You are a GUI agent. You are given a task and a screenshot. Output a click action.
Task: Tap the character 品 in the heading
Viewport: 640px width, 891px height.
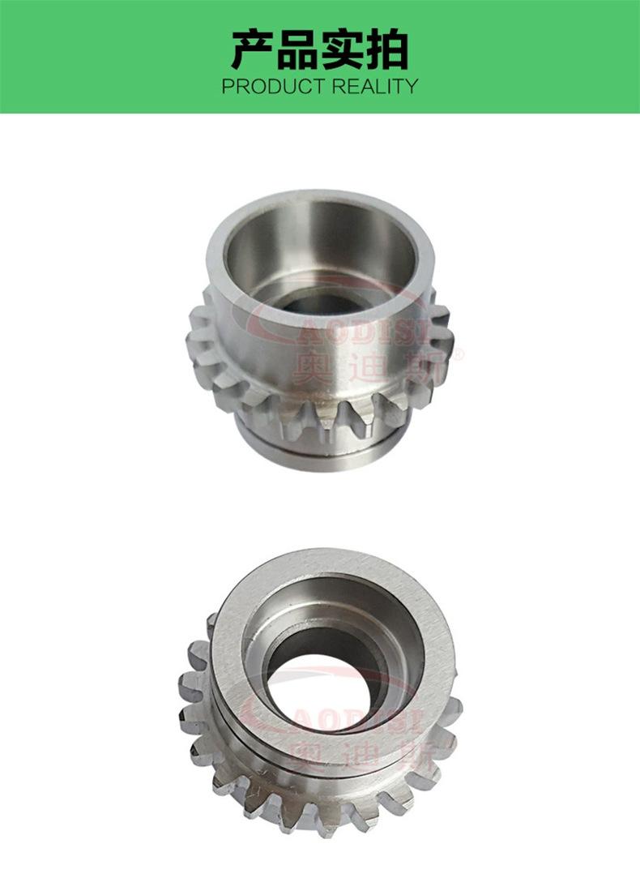click(x=297, y=50)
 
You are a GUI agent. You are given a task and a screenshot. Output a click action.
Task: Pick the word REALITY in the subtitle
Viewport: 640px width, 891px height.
click(x=375, y=87)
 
